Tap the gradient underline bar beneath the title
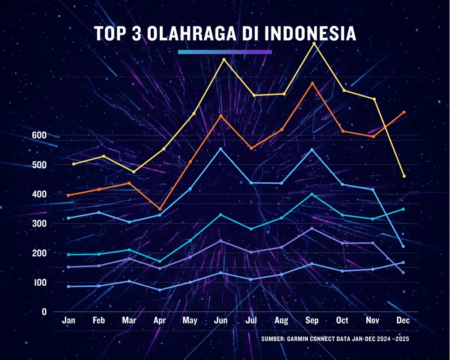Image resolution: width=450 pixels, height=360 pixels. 225,52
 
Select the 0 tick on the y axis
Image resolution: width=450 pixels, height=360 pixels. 44,312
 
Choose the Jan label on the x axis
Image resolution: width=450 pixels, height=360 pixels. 69,320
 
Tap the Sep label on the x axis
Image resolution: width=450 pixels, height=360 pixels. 312,320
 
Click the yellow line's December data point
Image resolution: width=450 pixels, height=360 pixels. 404,176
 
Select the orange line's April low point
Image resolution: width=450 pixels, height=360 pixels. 160,209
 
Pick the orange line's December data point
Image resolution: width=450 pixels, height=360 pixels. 404,112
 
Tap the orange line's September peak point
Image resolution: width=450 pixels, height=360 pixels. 312,83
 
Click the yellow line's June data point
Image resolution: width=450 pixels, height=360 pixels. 224,59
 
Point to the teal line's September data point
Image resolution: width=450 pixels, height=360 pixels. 312,194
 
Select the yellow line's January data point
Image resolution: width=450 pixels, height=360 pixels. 74,164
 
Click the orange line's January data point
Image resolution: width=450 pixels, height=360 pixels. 68,195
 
